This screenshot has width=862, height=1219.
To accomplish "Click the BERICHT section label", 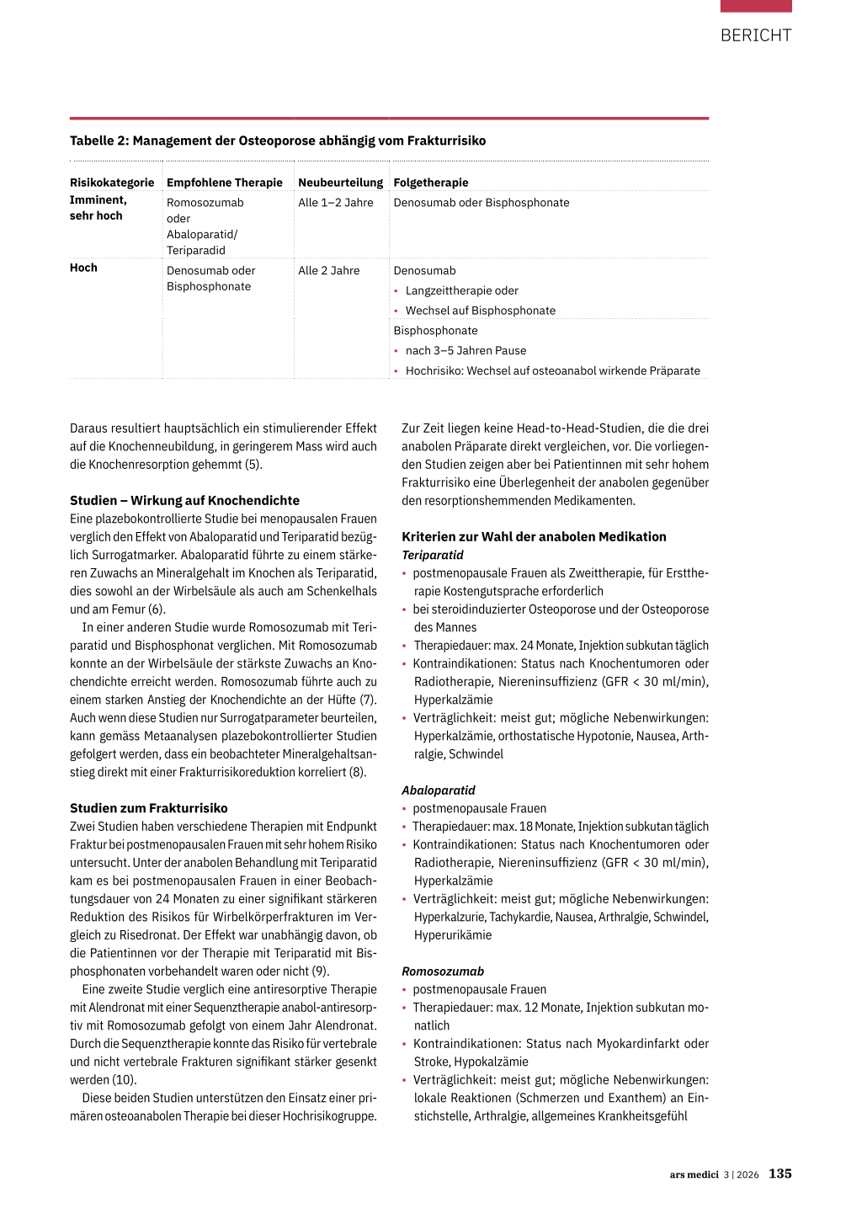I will (755, 35).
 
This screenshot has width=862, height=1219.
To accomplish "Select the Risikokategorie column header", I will (112, 183).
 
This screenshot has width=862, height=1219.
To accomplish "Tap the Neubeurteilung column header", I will (340, 183).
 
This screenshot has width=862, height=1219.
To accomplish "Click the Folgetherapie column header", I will (431, 183).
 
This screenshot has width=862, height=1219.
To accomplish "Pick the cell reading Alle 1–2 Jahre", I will (336, 203).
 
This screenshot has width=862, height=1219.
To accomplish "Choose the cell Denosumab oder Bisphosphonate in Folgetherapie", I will (482, 203).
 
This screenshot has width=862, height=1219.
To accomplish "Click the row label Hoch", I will (83, 268).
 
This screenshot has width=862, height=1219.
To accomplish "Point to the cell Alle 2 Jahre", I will (329, 271).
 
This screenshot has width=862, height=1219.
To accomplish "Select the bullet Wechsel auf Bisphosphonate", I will (481, 311).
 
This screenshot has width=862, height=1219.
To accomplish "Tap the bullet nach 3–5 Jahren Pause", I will (466, 351).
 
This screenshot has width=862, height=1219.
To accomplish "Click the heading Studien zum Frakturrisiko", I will (149, 808).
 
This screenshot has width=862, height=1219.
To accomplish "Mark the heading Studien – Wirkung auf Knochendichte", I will (184, 501).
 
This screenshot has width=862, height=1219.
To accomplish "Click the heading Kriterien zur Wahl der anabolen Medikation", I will (534, 537).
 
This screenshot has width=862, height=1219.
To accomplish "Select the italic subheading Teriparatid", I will (433, 556).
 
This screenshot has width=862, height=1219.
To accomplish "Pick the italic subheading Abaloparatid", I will (439, 790).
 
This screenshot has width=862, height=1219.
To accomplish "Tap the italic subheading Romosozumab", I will (443, 971).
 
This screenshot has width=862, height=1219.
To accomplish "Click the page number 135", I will (780, 1174).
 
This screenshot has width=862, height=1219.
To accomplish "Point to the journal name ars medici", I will (694, 1174).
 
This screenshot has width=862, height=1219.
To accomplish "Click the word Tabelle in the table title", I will (93, 141).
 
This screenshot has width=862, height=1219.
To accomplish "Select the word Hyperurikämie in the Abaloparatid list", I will (453, 935).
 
